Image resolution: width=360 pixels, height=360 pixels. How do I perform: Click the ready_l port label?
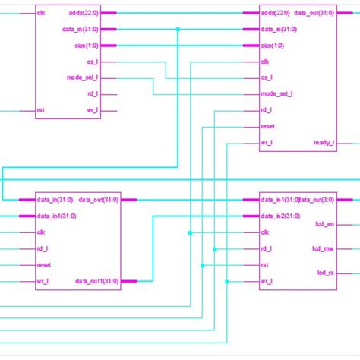[x=323, y=142]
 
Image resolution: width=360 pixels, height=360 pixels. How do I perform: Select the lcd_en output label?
[x=324, y=224]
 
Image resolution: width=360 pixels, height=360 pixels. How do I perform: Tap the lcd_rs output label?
[x=325, y=272]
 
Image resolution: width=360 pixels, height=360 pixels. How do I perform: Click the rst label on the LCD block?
[x=265, y=264]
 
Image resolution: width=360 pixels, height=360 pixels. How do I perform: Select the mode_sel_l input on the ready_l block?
[x=277, y=93]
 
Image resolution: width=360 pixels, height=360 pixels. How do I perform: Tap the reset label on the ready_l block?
[x=267, y=126]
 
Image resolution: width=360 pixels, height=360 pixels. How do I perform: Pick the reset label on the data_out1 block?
[x=43, y=264]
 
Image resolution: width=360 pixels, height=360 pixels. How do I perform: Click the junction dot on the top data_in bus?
[x=178, y=30]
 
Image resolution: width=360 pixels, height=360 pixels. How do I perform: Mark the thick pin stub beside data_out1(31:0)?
[x=128, y=281]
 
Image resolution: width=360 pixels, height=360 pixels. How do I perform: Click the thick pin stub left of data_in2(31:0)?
[x=250, y=216]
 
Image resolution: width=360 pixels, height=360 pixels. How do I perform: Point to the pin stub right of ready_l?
[x=347, y=142]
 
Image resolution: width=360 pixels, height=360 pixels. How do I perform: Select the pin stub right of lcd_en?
[x=347, y=224]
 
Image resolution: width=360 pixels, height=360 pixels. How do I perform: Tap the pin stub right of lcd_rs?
[x=347, y=272]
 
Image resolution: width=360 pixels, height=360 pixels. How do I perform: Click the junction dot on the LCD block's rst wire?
[x=203, y=264]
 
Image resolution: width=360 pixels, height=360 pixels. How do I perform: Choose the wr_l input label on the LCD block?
[x=267, y=281]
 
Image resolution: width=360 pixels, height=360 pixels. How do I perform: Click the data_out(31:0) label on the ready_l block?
[x=312, y=13]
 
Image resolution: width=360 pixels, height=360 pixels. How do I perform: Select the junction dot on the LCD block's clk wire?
[x=190, y=232]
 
